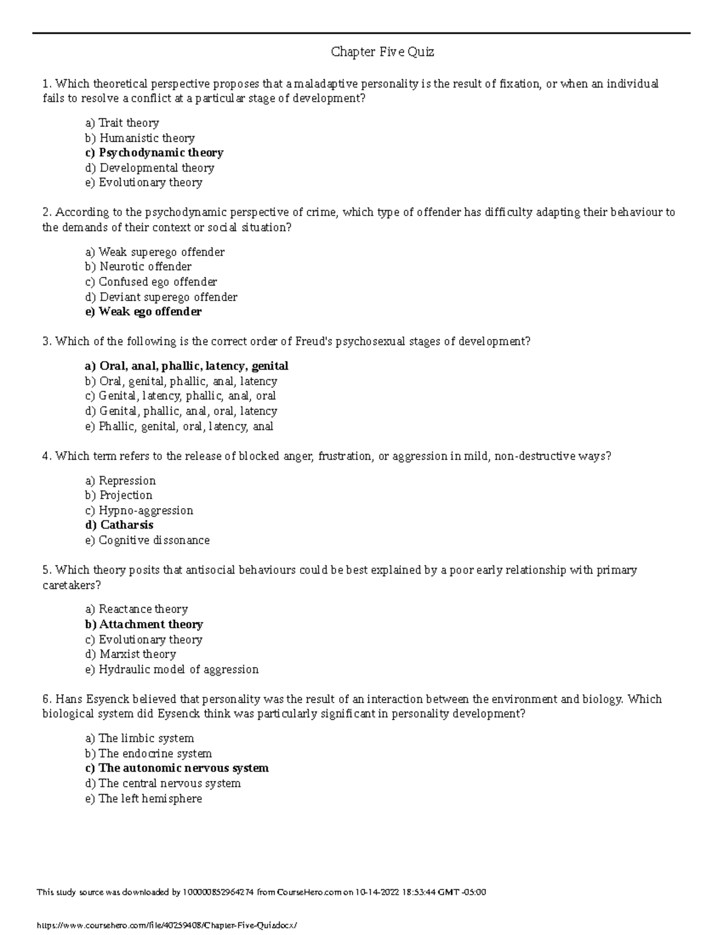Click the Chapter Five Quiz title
[x=383, y=52]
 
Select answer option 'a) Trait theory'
[x=122, y=123]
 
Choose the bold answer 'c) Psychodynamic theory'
[x=154, y=153]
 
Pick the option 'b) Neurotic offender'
[x=138, y=267]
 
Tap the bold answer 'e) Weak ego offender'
[x=143, y=312]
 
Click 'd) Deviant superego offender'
[x=161, y=297]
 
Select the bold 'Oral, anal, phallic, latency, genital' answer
[x=187, y=366]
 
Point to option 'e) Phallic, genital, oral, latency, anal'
[x=179, y=426]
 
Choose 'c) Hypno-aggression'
[x=139, y=511]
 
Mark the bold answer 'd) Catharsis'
[x=119, y=525]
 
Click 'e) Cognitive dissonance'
[x=148, y=541]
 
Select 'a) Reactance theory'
[x=137, y=609]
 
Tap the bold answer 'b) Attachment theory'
[x=144, y=624]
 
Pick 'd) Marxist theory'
[x=130, y=654]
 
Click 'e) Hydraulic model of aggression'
[x=172, y=669]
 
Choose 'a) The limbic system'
[x=139, y=738]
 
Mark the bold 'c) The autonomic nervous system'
[x=177, y=768]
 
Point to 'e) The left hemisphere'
[x=143, y=799]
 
